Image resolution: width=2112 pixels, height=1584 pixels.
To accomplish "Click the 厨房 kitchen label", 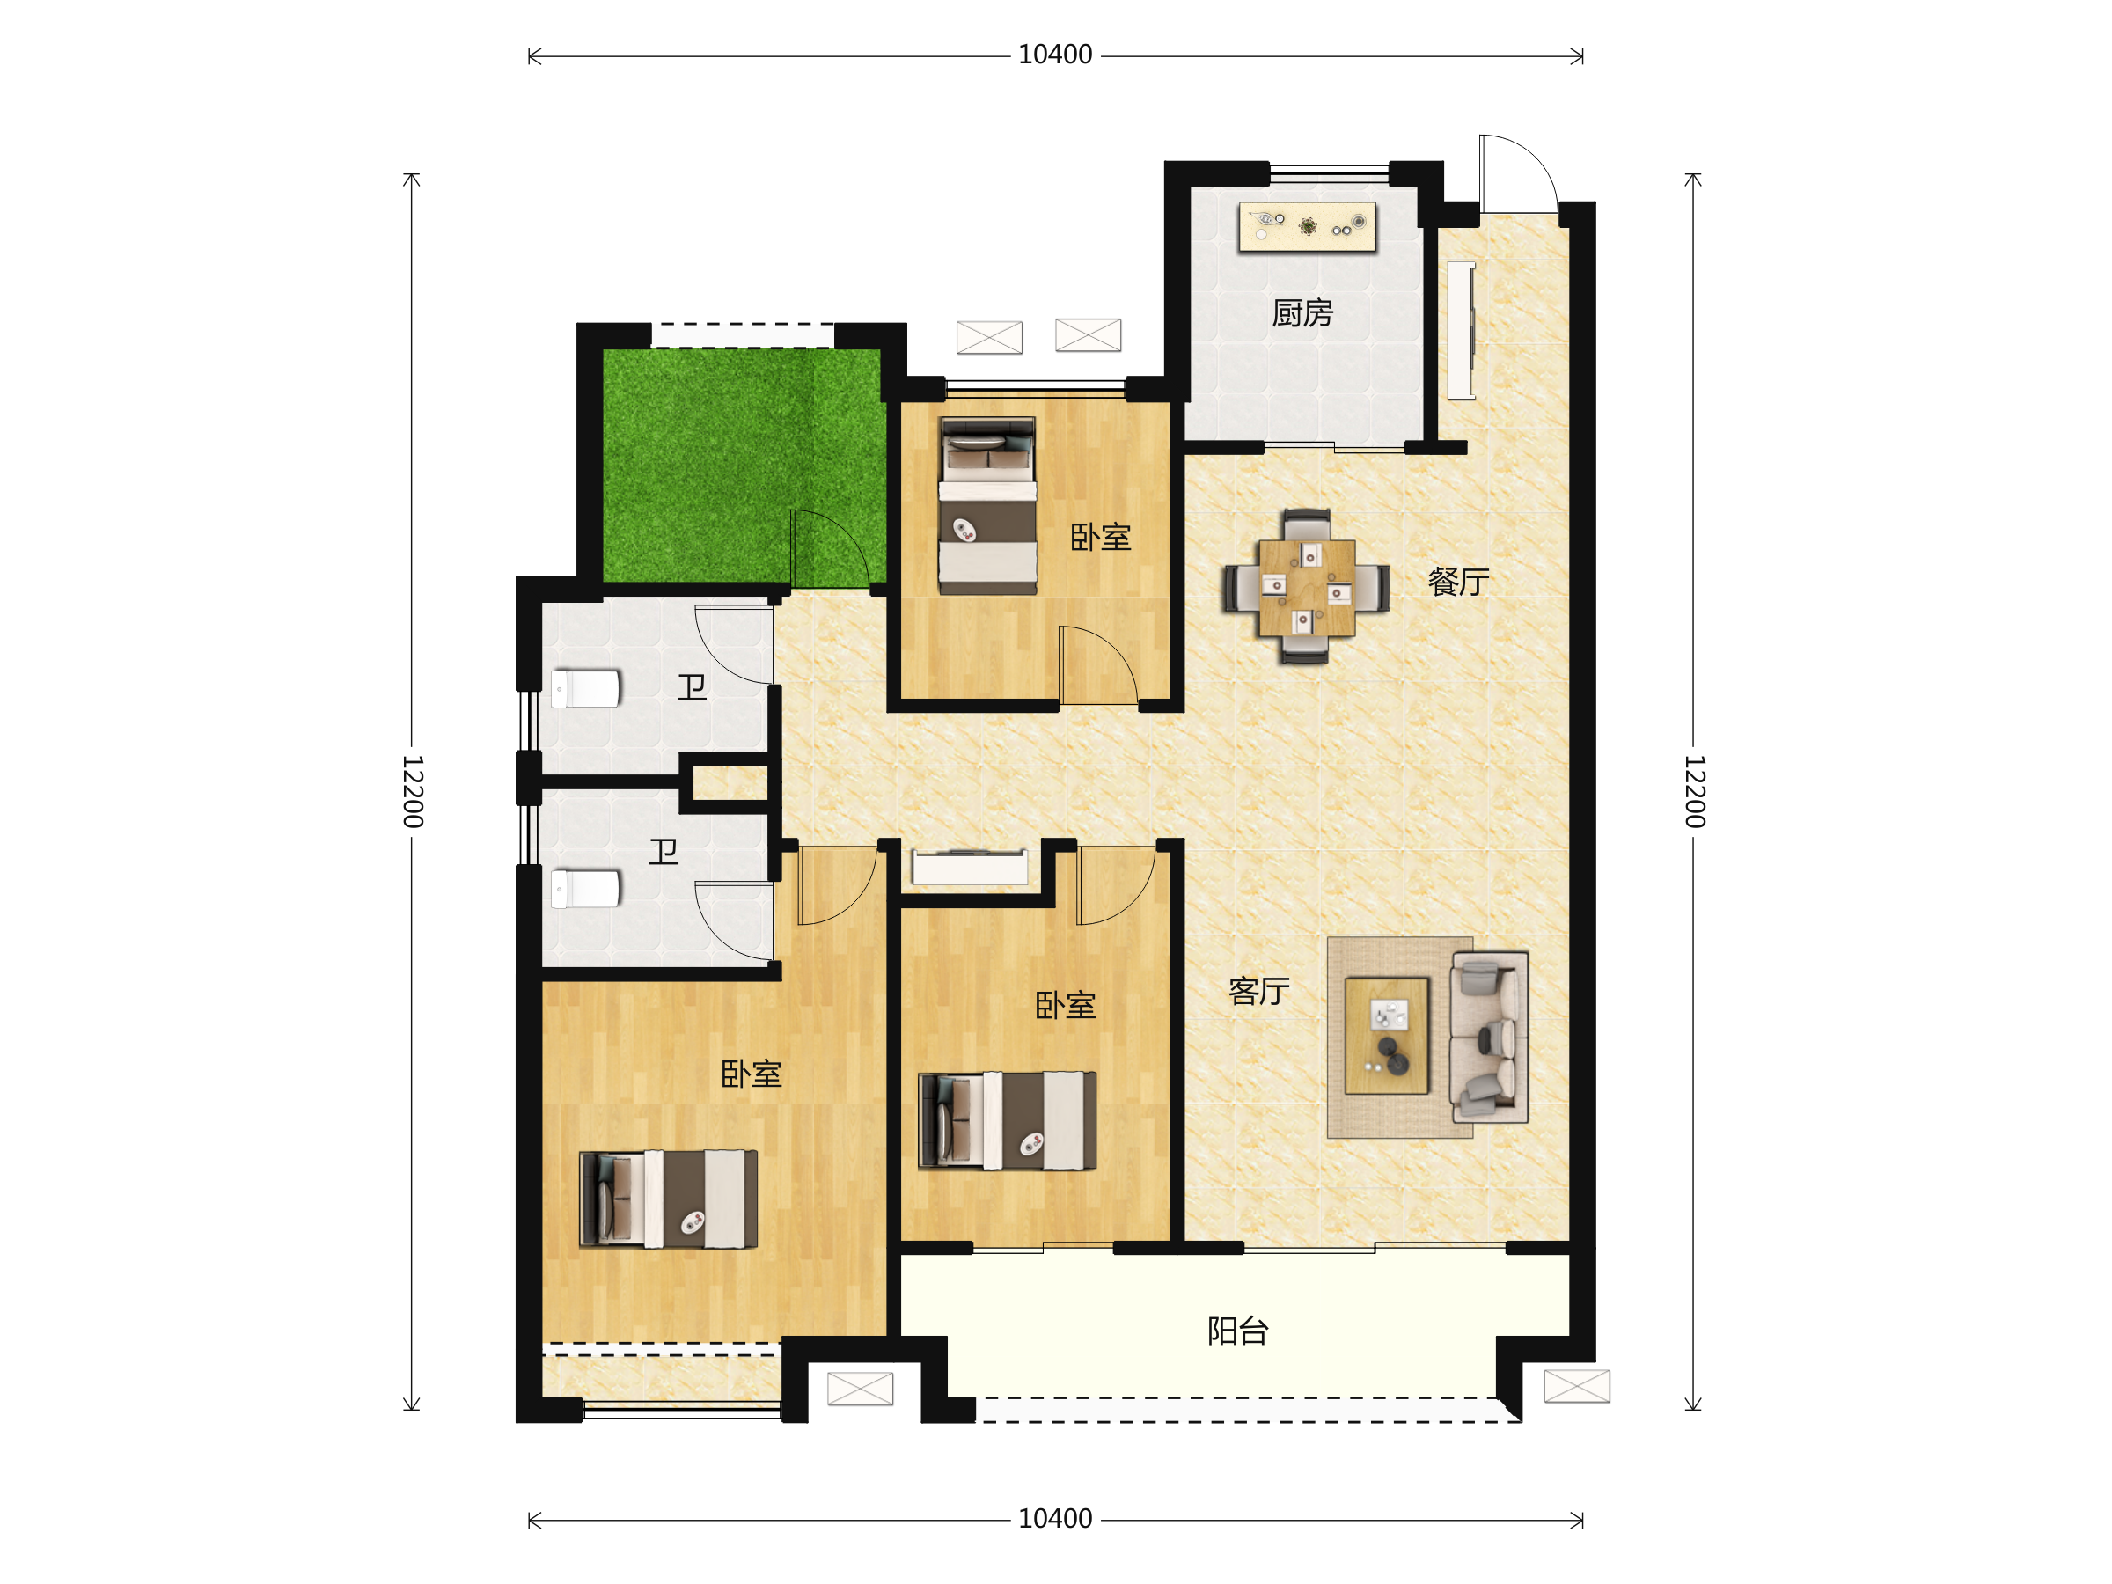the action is [x=1302, y=313].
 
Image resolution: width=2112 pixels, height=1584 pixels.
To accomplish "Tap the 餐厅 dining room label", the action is [x=1458, y=582].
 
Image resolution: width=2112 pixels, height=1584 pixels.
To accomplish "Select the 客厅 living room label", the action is [x=1258, y=991].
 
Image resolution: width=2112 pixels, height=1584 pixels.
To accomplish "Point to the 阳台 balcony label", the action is [x=1237, y=1331].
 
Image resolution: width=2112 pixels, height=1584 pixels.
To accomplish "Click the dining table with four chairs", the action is [x=1306, y=586].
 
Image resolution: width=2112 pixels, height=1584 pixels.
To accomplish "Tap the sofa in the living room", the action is [x=1490, y=1036].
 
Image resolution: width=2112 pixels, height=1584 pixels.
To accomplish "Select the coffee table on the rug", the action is [x=1386, y=1035].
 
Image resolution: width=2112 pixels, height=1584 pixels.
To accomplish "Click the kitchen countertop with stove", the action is [x=1307, y=226].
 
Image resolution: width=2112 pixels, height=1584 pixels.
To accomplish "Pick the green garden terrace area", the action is [x=743, y=465].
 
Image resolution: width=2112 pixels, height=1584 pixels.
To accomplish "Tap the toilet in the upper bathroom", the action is [x=585, y=688].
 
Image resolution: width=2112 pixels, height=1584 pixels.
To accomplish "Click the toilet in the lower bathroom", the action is [x=585, y=889].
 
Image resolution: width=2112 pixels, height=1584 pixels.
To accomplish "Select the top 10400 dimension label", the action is [x=1055, y=55].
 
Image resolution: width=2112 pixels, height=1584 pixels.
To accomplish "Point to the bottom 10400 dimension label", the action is [x=1055, y=1519].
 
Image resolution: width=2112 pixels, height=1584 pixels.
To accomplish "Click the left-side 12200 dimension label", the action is [x=413, y=790].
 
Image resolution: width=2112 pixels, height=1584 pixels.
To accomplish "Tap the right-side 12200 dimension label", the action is [x=1694, y=790].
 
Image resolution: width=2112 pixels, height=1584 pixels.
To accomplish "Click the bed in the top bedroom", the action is [x=987, y=506].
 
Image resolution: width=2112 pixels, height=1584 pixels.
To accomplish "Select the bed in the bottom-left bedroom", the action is [x=668, y=1199].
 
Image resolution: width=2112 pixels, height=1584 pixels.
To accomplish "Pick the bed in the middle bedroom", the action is [x=1008, y=1121].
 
